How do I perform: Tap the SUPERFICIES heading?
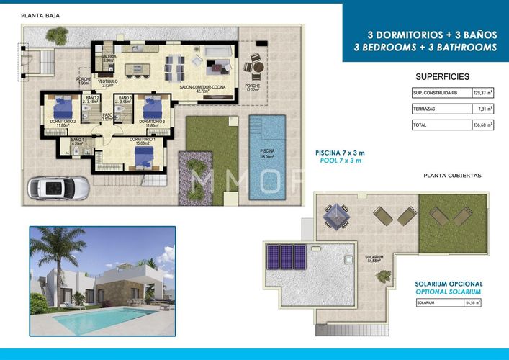[x=443, y=76]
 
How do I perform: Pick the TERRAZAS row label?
[x=424, y=109]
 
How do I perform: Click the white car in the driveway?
[x=58, y=188]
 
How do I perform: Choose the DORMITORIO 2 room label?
[x=63, y=123]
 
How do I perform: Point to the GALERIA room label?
[x=109, y=58]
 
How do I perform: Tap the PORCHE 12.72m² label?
[x=252, y=88]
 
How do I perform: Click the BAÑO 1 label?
[x=78, y=141]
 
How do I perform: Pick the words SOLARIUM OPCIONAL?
[x=449, y=284]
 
